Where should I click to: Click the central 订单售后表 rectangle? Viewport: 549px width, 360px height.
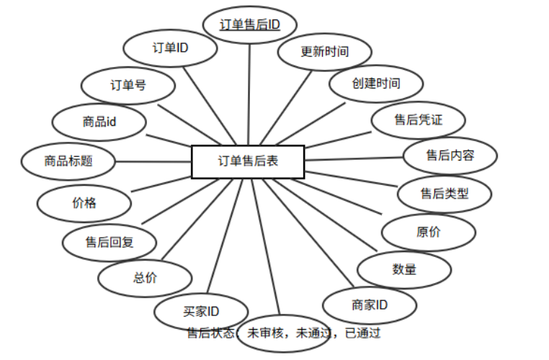(248, 161)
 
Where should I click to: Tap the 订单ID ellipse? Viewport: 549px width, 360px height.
(171, 49)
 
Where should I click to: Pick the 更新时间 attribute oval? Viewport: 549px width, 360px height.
(325, 52)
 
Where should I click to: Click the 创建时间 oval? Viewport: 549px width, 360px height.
(375, 84)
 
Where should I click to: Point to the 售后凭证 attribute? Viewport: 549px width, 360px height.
(418, 120)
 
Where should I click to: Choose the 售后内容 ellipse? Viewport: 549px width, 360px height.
(450, 155)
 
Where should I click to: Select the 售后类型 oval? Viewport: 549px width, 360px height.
(445, 194)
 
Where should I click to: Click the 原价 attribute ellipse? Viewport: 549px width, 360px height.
(429, 233)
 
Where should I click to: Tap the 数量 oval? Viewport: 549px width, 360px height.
(404, 270)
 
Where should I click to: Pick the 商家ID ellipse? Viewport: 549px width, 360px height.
(370, 305)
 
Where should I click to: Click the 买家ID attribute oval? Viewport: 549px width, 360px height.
(201, 311)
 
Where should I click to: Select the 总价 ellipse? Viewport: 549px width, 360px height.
(145, 278)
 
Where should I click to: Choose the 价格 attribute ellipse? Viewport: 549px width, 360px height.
(84, 202)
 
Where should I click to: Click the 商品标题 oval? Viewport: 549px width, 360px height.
(68, 161)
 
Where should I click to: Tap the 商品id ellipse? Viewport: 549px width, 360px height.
(99, 122)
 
